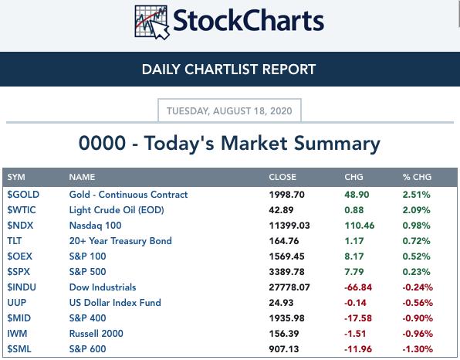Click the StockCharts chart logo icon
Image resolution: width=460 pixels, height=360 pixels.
(x=152, y=22)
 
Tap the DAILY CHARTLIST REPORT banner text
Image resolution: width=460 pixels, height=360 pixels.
(x=228, y=70)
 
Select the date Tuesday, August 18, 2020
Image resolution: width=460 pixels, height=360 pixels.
(x=229, y=111)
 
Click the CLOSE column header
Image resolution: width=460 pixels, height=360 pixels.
(x=282, y=177)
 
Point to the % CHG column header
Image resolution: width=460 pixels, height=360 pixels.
(x=417, y=177)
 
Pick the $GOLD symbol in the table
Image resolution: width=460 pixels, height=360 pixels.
(x=23, y=195)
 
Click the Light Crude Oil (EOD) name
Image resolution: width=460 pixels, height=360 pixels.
(x=117, y=210)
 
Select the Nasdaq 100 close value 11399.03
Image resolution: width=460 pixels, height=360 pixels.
(x=289, y=226)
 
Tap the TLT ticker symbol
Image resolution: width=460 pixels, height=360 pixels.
(x=15, y=241)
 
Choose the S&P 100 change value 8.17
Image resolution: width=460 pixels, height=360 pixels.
(x=354, y=256)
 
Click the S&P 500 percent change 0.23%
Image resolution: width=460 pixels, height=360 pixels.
(x=416, y=272)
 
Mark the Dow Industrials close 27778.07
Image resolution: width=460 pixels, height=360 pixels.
(x=289, y=287)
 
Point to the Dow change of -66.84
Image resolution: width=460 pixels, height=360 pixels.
(x=358, y=287)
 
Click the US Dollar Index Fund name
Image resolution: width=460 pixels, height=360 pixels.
(x=115, y=303)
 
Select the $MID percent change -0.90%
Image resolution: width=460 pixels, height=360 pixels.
(x=418, y=318)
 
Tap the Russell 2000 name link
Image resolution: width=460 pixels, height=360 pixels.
(x=96, y=334)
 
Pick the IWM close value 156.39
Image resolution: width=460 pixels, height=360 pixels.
(x=284, y=334)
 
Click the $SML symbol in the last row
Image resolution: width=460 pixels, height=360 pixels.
(x=19, y=349)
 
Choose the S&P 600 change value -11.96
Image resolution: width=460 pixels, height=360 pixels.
(x=358, y=349)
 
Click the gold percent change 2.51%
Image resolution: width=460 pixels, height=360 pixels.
(x=416, y=195)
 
